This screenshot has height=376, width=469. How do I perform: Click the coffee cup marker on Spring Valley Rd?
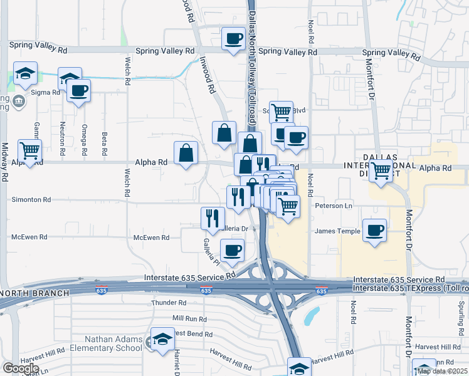click(x=234, y=39)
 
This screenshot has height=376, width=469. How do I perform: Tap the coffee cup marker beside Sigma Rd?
click(x=79, y=91)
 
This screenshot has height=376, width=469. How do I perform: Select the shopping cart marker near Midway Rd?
click(x=29, y=150)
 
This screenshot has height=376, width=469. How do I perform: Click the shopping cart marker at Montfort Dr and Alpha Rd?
click(x=381, y=170)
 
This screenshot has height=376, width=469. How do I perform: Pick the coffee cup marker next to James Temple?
click(x=375, y=230)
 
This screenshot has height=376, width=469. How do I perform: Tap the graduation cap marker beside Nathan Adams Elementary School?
click(x=163, y=340)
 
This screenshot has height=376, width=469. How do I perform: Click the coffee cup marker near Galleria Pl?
click(x=233, y=251)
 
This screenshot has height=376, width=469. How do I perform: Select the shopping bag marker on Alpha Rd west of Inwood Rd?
click(x=186, y=153)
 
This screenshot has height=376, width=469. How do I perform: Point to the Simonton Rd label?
click(x=31, y=199)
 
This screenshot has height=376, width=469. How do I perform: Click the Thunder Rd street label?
click(x=166, y=303)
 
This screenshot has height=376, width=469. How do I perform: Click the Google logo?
click(x=20, y=368)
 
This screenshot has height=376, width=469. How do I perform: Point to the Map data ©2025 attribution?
click(x=441, y=371)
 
